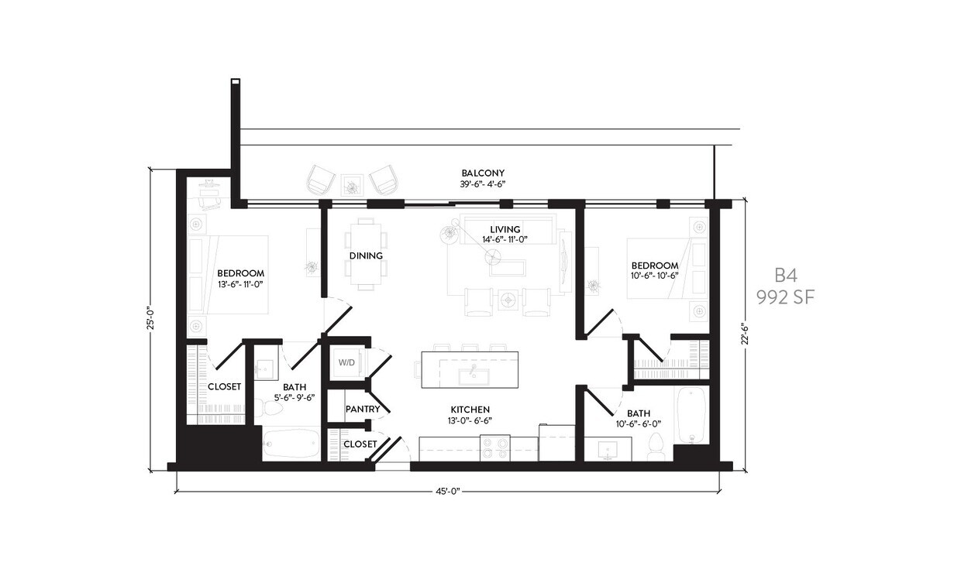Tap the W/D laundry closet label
pyautogui.click(x=345, y=362)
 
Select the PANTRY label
pyautogui.click(x=362, y=408)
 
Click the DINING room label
pyautogui.click(x=365, y=255)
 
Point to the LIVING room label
pyautogui.click(x=505, y=229)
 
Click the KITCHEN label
pyautogui.click(x=470, y=410)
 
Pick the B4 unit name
pyautogui.click(x=786, y=276)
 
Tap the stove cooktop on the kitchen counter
pyautogui.click(x=494, y=447)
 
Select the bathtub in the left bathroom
pyautogui.click(x=291, y=444)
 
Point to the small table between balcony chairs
pyautogui.click(x=353, y=184)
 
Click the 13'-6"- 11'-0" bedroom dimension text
pyautogui.click(x=240, y=284)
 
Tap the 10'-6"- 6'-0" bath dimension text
pyautogui.click(x=639, y=424)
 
